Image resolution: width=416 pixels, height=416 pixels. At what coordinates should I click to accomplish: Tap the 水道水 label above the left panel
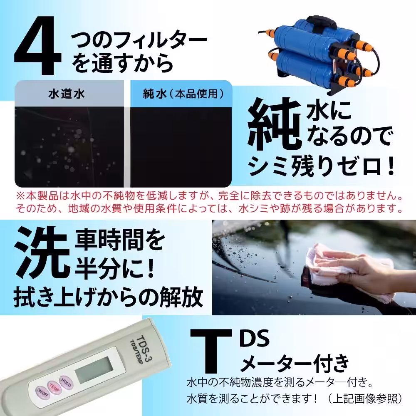(67, 94)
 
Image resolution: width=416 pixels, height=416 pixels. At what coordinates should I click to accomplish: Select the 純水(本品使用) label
(180, 94)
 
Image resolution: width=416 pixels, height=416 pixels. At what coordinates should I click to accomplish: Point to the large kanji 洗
(42, 251)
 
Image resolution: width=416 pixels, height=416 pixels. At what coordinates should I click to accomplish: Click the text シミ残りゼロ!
(321, 166)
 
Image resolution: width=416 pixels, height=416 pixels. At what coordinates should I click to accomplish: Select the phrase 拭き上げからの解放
(109, 296)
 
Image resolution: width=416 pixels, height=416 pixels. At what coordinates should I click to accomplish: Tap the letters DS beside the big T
(255, 338)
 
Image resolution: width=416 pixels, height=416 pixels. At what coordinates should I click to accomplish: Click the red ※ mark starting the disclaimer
(20, 196)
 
